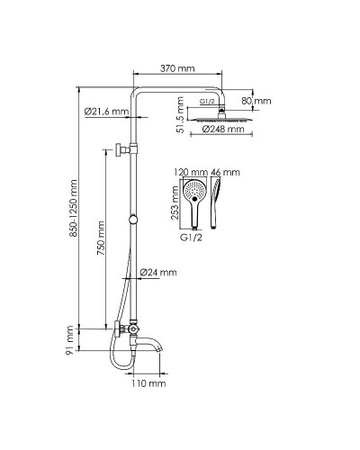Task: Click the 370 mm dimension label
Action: [x=177, y=68]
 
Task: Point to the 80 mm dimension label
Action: [x=256, y=101]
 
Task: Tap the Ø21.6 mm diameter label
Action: [x=106, y=112]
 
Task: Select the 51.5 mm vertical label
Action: [x=180, y=115]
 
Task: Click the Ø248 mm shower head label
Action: [x=223, y=130]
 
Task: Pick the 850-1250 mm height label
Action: [x=74, y=208]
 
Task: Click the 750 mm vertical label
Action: [x=101, y=238]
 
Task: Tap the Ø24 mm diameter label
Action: [x=158, y=273]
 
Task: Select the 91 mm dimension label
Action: [x=69, y=340]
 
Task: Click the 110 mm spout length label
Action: [x=148, y=383]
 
